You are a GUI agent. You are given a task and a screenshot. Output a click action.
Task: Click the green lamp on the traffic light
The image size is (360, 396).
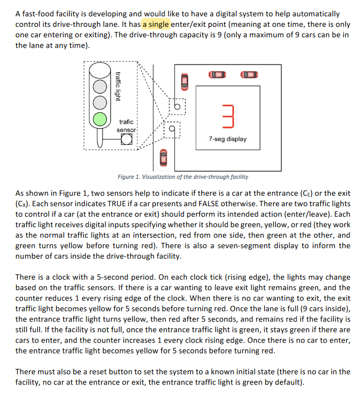tap(100, 118)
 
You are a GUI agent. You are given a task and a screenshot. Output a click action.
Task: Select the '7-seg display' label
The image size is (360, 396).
tap(227, 139)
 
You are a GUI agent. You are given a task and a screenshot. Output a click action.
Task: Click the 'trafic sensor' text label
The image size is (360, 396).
tap(126, 125)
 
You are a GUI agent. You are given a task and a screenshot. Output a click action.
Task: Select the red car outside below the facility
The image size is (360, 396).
tap(163, 156)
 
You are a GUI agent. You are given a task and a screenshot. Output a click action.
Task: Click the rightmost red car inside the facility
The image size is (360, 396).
tap(248, 75)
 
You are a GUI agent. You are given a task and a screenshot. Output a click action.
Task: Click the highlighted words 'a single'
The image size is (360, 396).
tap(156, 24)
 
